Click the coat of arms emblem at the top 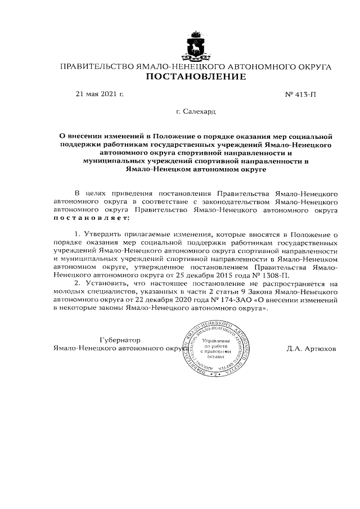196,47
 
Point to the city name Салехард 200,111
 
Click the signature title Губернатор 119,340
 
